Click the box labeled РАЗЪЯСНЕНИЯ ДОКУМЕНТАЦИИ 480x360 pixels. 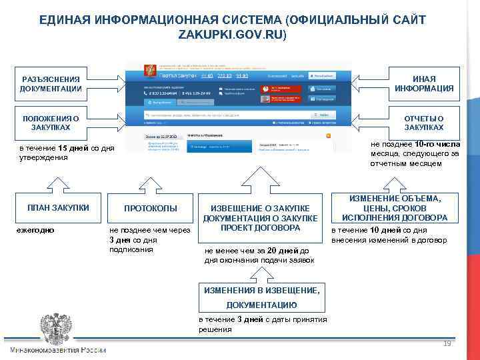pos(51,83)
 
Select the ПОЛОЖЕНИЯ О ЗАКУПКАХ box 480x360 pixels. pos(51,122)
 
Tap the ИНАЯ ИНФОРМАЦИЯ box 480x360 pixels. pos(424,83)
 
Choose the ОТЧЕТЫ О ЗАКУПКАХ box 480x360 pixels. pos(424,122)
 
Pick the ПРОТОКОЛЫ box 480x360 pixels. pos(151,209)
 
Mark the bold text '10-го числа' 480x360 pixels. pos(437,143)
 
